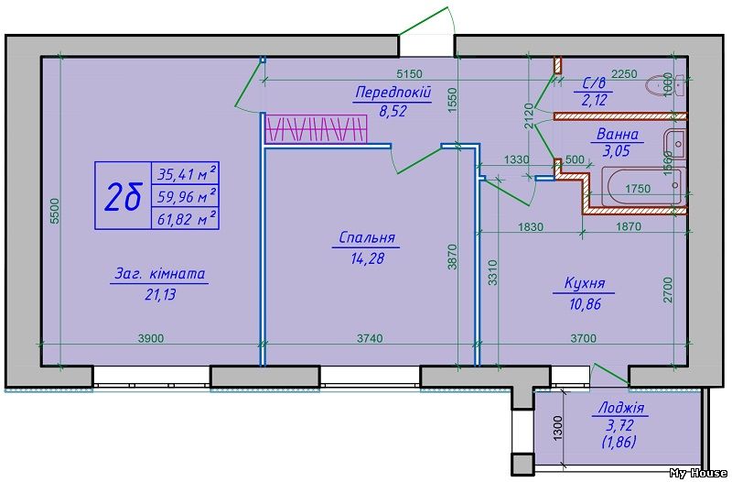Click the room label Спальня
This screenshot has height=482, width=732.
coord(366,237)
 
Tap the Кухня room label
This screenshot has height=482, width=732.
coord(583,284)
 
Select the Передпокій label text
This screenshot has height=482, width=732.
coord(392,93)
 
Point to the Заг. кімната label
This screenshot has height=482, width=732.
coord(160,273)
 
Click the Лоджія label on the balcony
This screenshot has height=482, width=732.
coord(619,409)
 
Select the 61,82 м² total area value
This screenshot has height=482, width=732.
coord(187,217)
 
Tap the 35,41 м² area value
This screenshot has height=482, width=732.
coord(187,172)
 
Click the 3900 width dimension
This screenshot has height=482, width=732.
coord(151,338)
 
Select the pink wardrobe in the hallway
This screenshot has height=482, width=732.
coord(316,129)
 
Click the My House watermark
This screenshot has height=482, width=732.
coord(698,473)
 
